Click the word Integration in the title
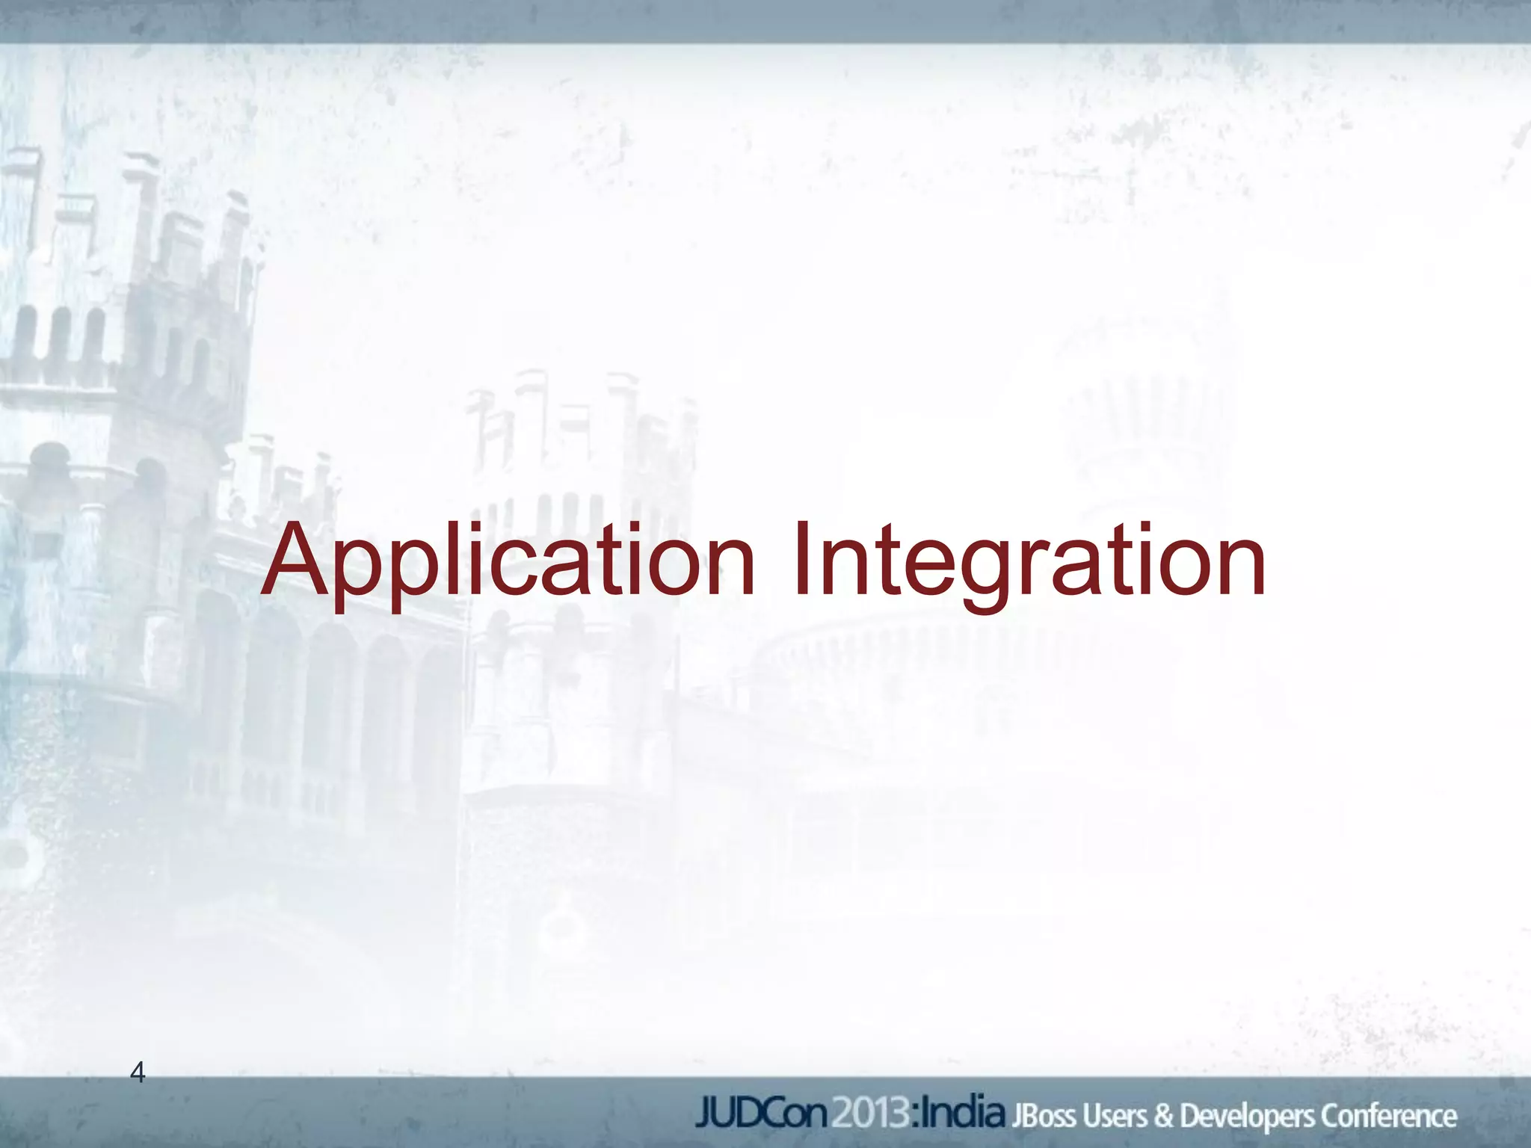pyautogui.click(x=1028, y=561)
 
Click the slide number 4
pyautogui.click(x=138, y=1073)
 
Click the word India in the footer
pyautogui.click(x=964, y=1114)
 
